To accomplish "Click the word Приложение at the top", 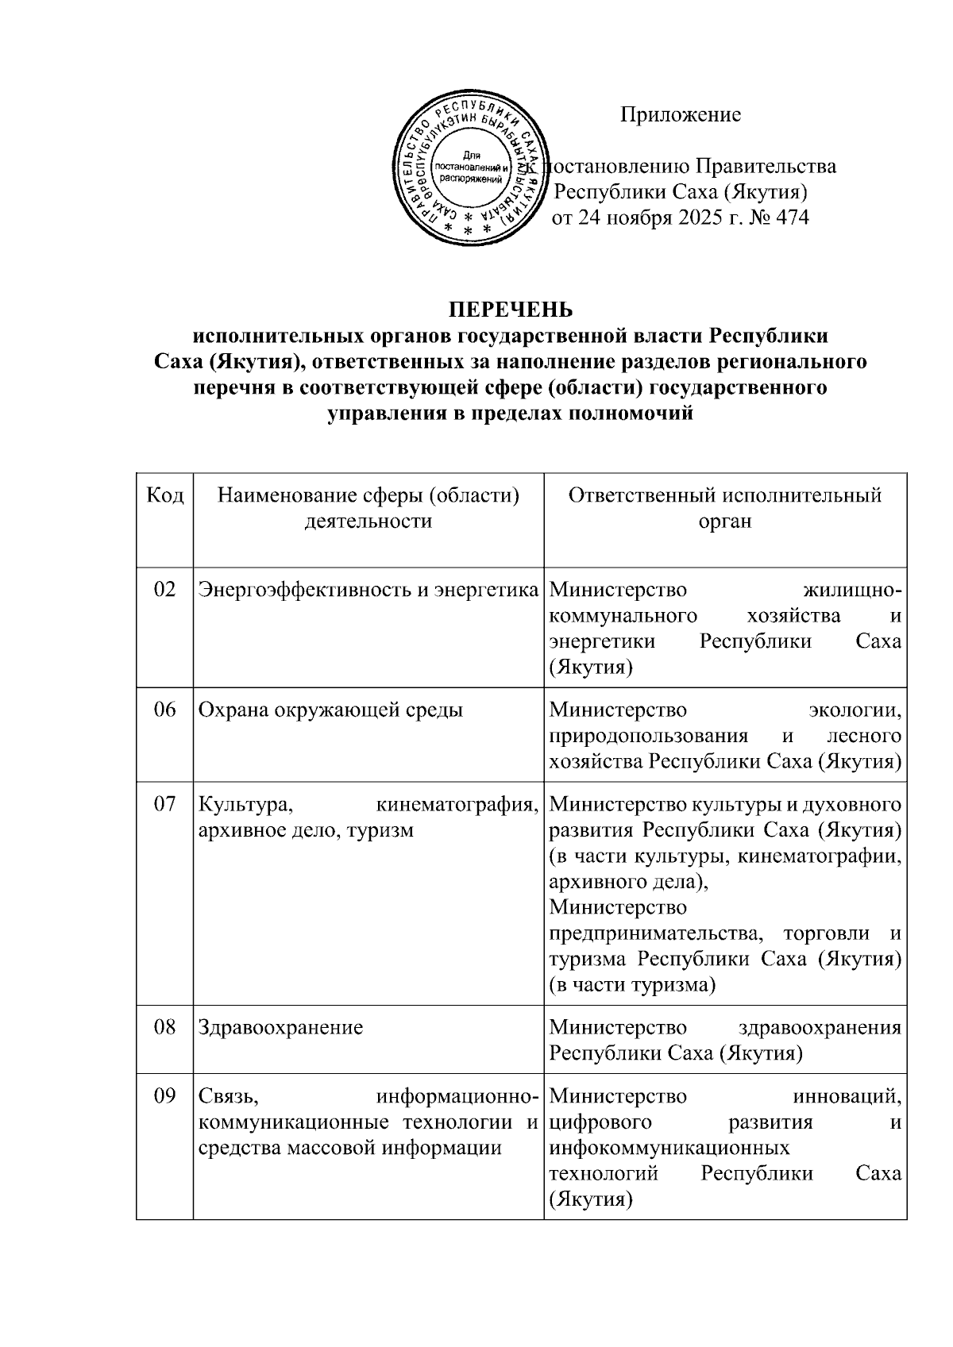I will (681, 115).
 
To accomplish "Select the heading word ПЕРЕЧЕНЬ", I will (511, 309).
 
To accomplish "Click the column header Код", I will (165, 496).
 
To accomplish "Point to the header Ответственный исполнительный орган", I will (724, 508).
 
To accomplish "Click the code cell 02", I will (164, 591).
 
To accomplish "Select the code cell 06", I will (164, 710).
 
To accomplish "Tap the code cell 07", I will (164, 805).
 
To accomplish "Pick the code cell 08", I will (164, 1028).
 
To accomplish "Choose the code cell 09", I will (164, 1097).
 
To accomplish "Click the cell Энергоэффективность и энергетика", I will (368, 591).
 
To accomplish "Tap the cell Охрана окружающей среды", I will (330, 710).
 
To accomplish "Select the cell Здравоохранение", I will (280, 1028).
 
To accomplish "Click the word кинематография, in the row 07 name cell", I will (457, 805).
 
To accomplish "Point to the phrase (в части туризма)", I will (633, 985).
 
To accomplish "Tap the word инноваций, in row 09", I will (847, 1097).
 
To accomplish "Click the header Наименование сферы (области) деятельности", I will (368, 508).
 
